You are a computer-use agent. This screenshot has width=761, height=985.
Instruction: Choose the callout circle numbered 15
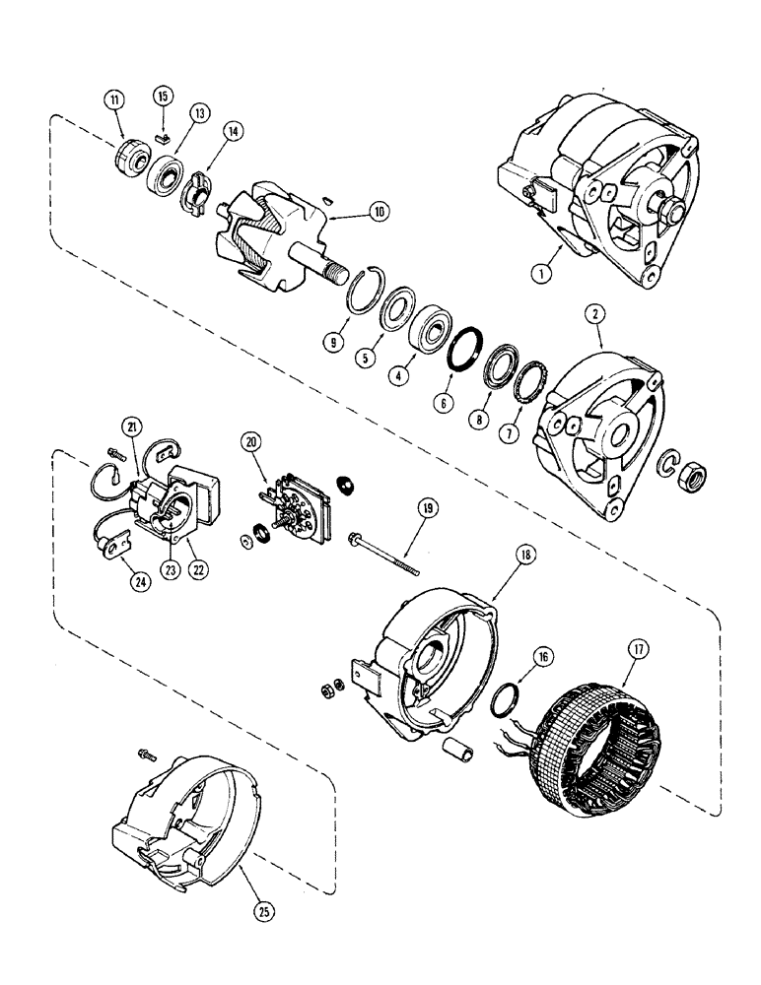click(163, 96)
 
